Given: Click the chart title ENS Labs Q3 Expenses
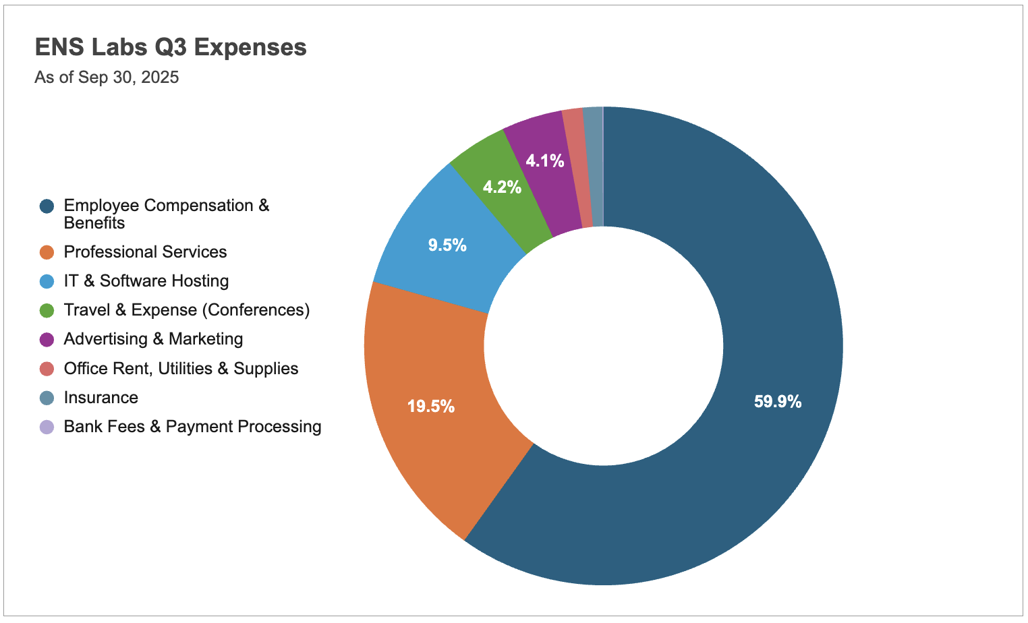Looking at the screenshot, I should coord(171,47).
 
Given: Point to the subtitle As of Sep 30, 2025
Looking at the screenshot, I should coord(107,78).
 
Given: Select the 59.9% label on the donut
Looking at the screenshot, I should coord(778,402).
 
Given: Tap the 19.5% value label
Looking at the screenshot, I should coord(431,407).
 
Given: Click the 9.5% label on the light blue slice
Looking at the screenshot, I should coord(447,245).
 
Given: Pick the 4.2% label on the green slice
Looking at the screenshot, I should coord(502,187).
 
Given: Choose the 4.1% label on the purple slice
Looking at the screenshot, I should coord(545,160).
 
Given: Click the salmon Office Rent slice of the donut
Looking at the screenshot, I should coord(577,169).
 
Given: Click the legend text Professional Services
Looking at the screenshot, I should coord(145,252).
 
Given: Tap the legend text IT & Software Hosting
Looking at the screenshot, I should coord(146,281).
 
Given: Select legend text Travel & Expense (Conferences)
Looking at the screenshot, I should coord(187,310).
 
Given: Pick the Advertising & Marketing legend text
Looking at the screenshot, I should coord(153,339).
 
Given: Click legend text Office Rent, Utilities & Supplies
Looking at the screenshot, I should coord(181,369).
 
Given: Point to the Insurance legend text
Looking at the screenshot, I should coord(101,398).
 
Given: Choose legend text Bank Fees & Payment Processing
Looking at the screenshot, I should coord(192,427).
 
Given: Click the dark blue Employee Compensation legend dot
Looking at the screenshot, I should coord(47,206).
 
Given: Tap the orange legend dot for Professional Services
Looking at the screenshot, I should coord(47,252).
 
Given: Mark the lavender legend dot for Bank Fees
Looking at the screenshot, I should coord(47,427).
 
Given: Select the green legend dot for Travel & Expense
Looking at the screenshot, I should coord(47,310).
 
